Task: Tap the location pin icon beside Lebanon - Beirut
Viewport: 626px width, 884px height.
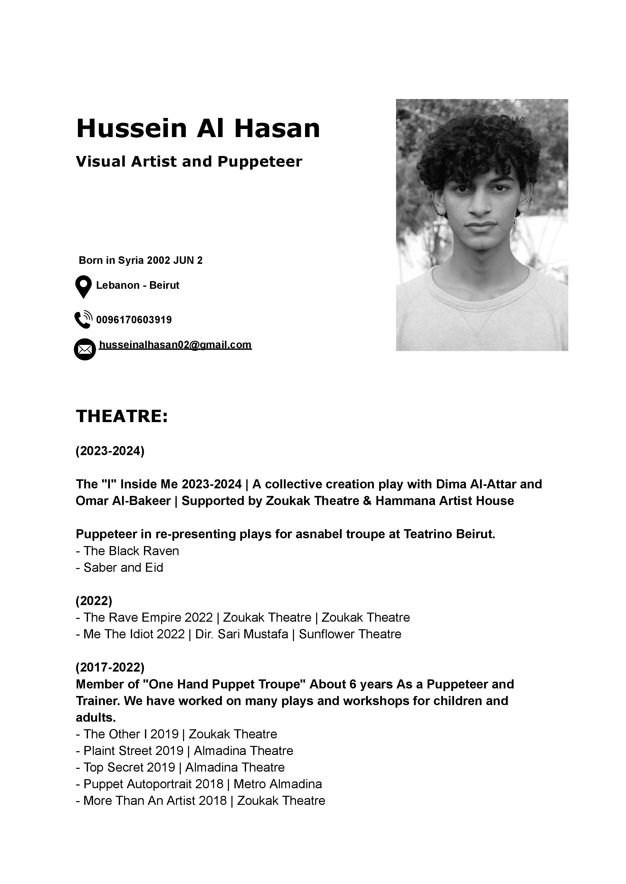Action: (83, 287)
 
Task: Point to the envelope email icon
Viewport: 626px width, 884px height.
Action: (85, 349)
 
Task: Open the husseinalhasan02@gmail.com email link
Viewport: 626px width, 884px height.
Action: (175, 345)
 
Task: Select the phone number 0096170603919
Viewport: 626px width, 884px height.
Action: (134, 320)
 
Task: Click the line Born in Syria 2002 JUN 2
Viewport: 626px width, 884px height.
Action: (141, 260)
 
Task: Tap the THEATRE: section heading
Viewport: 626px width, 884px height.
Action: (122, 416)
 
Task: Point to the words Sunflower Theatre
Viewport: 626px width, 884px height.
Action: (350, 635)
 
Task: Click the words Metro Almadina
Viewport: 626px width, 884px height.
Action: (278, 784)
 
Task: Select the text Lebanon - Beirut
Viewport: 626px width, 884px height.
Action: (138, 286)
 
